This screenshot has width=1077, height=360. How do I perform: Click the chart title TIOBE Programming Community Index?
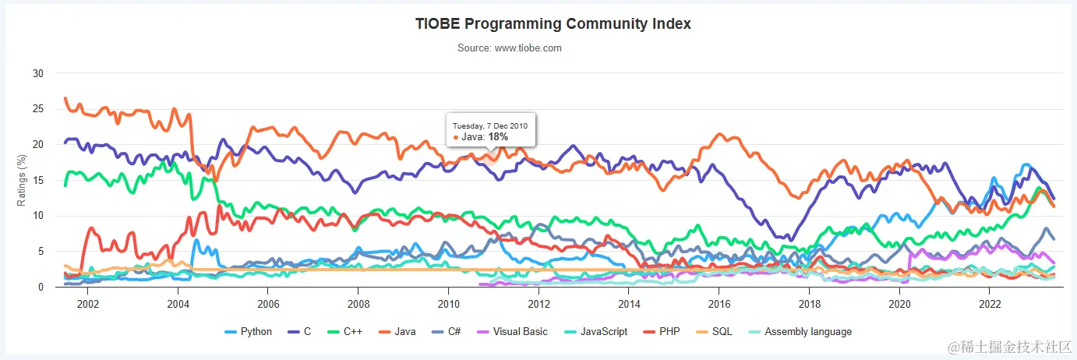point(553,23)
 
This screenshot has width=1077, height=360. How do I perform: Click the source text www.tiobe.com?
point(510,48)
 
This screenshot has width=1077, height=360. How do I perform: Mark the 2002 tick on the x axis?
point(87,302)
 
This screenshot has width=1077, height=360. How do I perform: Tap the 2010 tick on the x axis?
point(448,302)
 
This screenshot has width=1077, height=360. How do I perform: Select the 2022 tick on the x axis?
point(990,302)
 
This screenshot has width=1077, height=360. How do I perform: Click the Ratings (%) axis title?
point(23,180)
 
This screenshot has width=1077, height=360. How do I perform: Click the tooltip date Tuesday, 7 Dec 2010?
point(491,125)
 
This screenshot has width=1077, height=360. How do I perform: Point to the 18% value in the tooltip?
point(498,137)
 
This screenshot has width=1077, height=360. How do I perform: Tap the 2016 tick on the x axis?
point(719,302)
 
